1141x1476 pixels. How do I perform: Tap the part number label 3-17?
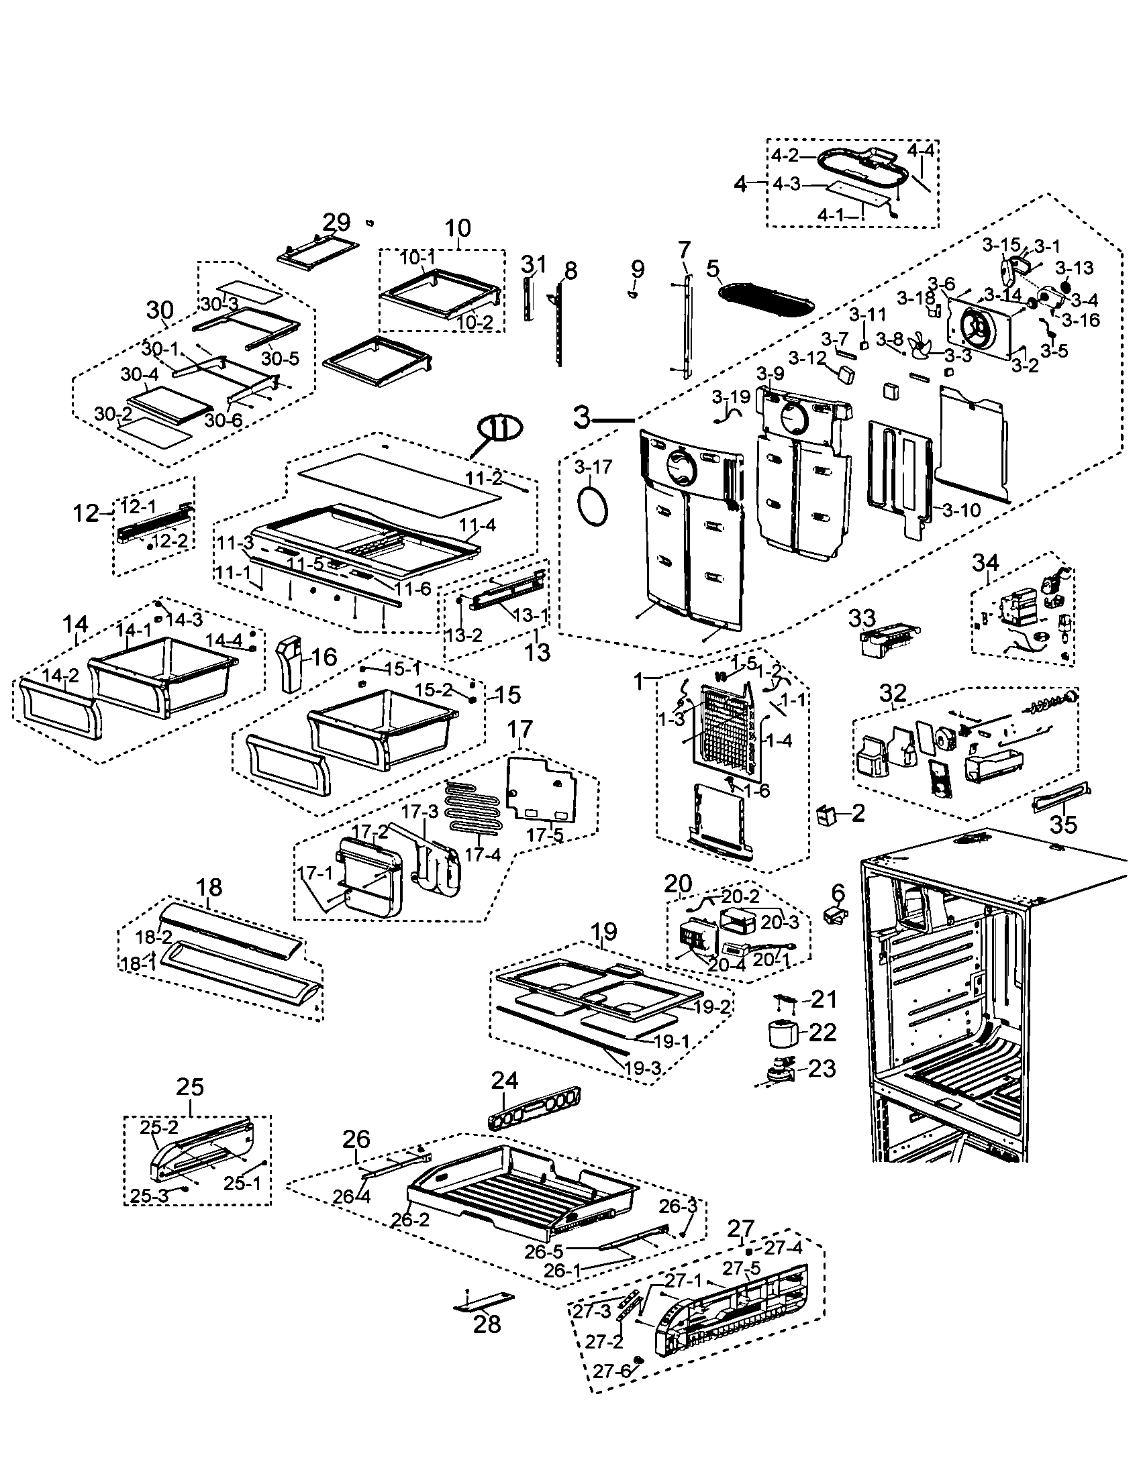pyautogui.click(x=593, y=466)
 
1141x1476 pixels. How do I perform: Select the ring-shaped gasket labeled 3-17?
pyautogui.click(x=593, y=503)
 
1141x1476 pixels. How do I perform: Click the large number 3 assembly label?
pyautogui.click(x=582, y=418)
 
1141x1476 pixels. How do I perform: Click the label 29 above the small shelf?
pyautogui.click(x=336, y=222)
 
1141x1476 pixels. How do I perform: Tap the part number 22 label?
pyautogui.click(x=823, y=1032)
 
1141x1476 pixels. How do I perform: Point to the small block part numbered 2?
pyautogui.click(x=826, y=815)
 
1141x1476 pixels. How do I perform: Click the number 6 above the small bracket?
pyautogui.click(x=838, y=893)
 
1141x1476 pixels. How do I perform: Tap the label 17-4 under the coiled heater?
pyautogui.click(x=482, y=855)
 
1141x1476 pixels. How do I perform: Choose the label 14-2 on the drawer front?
pyautogui.click(x=60, y=674)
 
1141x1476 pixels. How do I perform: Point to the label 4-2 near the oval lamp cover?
pyautogui.click(x=785, y=156)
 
